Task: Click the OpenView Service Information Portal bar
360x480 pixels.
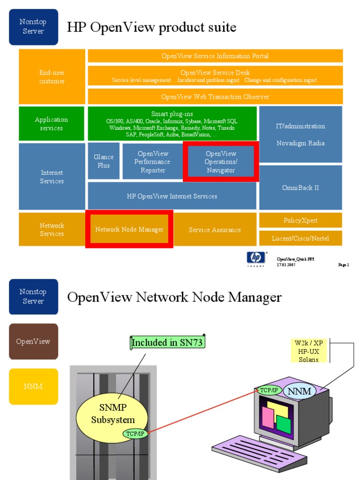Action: (x=215, y=56)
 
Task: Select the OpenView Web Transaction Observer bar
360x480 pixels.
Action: (x=215, y=97)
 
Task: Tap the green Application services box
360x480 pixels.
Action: (x=52, y=124)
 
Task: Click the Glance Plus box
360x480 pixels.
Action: (x=104, y=161)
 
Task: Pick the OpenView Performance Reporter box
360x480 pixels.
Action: (x=153, y=162)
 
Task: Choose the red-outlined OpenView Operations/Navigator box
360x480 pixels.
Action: (x=221, y=162)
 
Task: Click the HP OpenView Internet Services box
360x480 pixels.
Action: (x=172, y=196)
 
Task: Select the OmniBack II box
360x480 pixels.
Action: (x=300, y=187)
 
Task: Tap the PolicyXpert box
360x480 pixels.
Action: (x=300, y=220)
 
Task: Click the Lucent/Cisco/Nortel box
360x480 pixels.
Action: (x=300, y=238)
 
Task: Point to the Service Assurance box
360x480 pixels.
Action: (x=215, y=230)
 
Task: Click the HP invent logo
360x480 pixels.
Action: (x=256, y=258)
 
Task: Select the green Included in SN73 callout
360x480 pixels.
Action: (x=167, y=343)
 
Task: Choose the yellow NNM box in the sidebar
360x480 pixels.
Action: (x=33, y=387)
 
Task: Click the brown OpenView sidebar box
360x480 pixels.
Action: (x=33, y=341)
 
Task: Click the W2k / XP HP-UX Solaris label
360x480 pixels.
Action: (x=308, y=351)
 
